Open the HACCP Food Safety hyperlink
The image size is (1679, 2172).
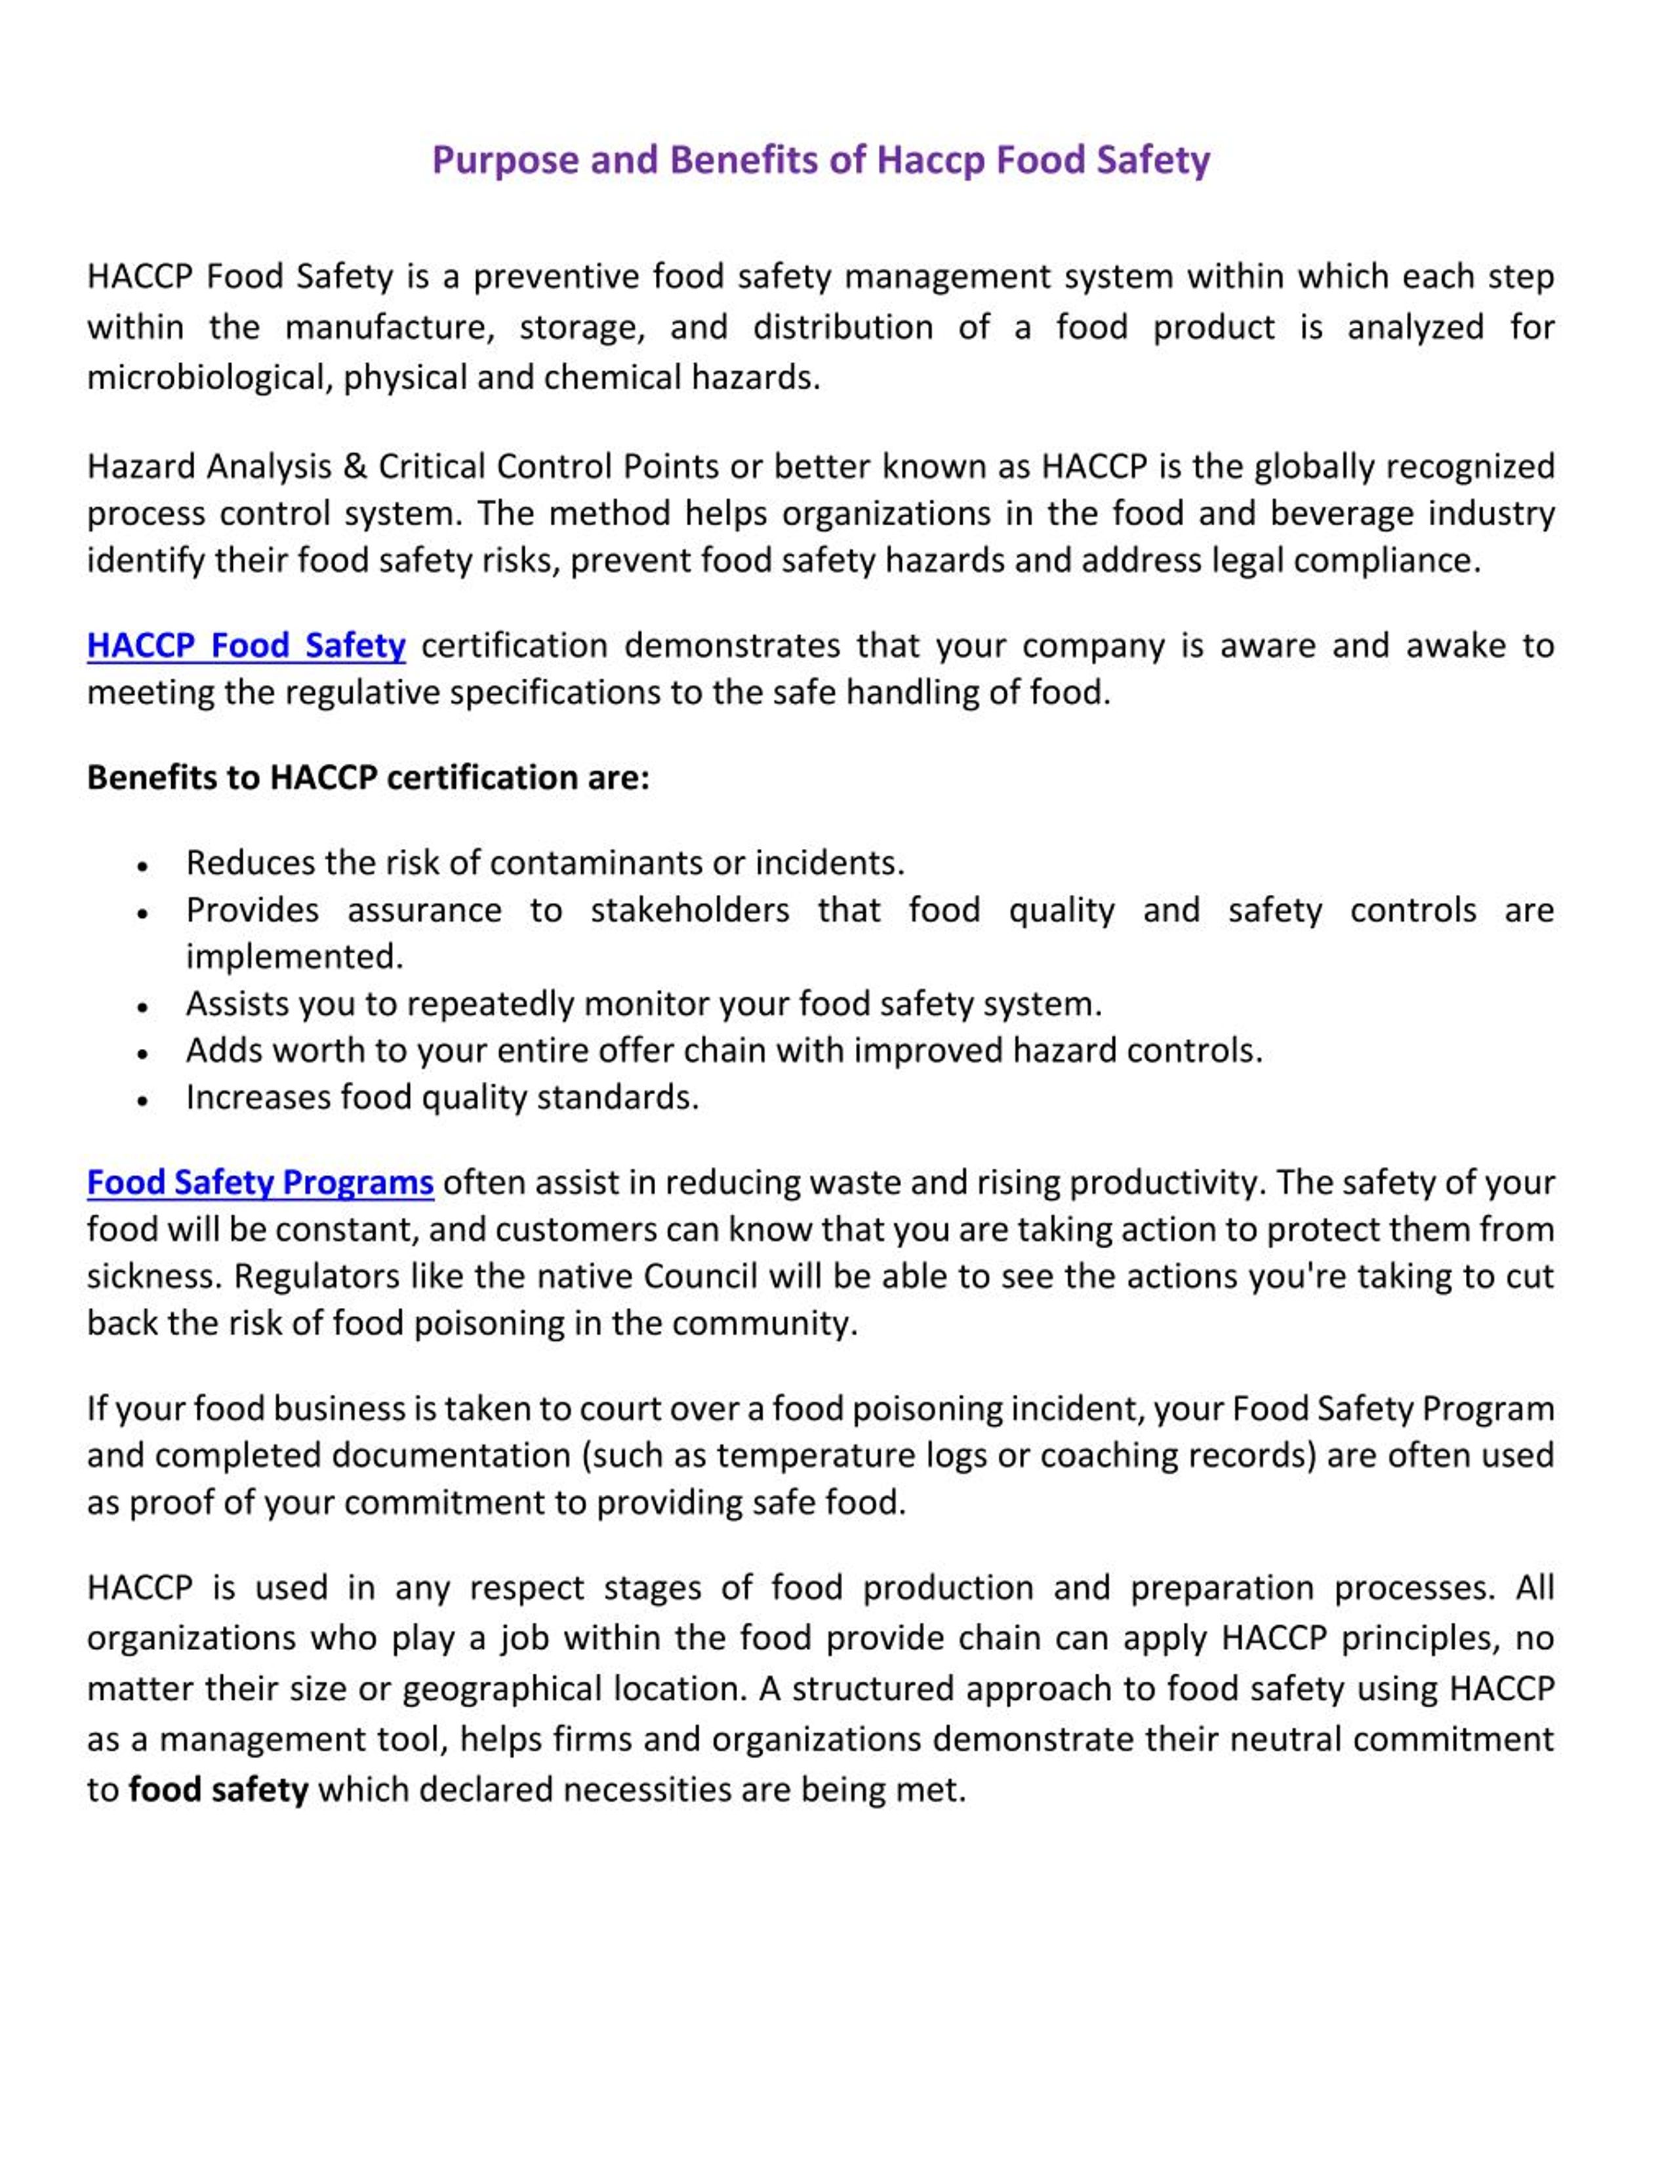(x=246, y=646)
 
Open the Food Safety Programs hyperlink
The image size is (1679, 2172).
(x=260, y=1183)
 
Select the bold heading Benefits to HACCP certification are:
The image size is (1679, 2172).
(x=368, y=778)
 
